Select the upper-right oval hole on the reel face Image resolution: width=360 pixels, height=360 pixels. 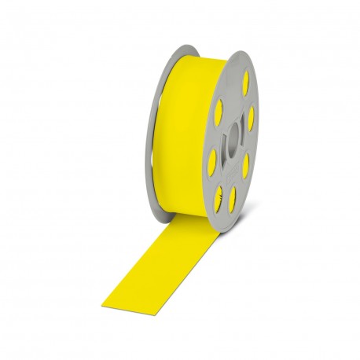[x=250, y=118]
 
